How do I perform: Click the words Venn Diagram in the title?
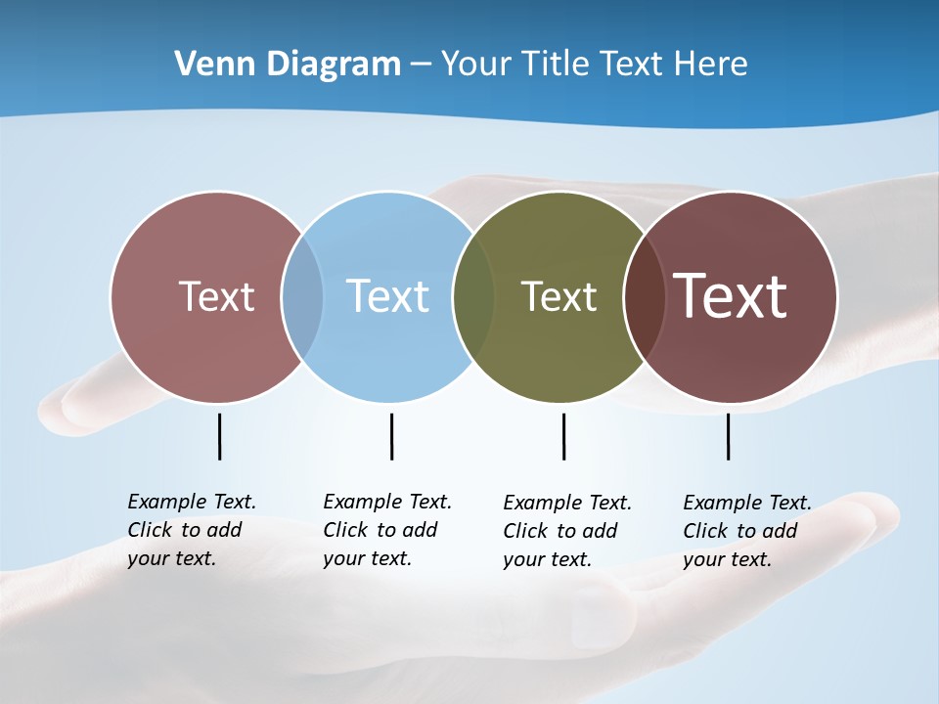[x=288, y=64]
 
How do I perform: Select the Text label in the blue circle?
[x=387, y=296]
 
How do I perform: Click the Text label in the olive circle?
[x=559, y=296]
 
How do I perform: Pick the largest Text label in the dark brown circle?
[x=731, y=296]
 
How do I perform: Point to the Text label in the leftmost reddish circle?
[x=216, y=296]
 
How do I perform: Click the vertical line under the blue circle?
[x=391, y=436]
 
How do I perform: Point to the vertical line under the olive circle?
[x=563, y=436]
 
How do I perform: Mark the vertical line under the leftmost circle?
[x=219, y=436]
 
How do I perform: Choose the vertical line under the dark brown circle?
[x=728, y=436]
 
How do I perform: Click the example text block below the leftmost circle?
[x=191, y=530]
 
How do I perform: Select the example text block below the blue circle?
[x=386, y=530]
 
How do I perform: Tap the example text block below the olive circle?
[x=566, y=531]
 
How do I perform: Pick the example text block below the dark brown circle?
[x=746, y=531]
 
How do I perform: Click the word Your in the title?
[x=476, y=64]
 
